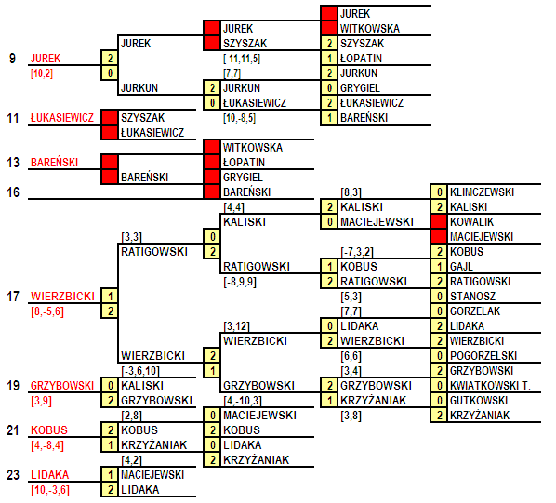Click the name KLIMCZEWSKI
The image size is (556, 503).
482,192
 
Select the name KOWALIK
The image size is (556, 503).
471,222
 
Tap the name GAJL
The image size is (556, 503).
461,267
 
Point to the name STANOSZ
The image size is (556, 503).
472,297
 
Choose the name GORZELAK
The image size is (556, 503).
475,311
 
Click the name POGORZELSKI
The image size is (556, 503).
483,356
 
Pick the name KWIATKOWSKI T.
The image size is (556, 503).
490,386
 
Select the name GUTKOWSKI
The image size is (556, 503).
479,401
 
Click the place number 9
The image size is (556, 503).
12,59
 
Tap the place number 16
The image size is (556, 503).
13,192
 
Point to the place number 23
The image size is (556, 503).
13,475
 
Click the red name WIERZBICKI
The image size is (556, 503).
62,297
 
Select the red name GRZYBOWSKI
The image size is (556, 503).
62,386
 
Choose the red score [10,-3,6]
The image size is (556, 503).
50,490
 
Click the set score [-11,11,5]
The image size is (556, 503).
242,59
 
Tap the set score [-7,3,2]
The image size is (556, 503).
357,252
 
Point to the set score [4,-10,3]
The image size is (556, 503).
243,401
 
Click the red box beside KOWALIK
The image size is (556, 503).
439,222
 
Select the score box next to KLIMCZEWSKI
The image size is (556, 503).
439,192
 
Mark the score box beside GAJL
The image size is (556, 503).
439,267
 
